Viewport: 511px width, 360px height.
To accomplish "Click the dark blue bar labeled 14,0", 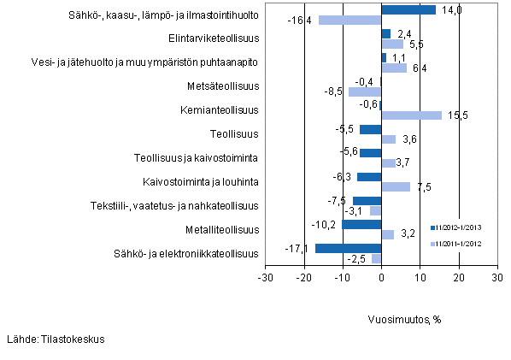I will coord(408,9).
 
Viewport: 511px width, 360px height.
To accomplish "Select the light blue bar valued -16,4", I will coord(349,20).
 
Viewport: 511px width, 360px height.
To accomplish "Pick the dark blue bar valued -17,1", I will coord(348,248).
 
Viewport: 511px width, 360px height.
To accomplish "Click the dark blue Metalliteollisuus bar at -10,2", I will coord(361,224).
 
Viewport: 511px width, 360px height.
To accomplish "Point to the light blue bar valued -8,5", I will coord(365,91).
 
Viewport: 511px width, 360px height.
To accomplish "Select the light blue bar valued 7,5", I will coord(396,186).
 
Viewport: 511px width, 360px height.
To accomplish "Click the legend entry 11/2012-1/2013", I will coord(462,227).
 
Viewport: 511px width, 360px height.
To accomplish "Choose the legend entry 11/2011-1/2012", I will coord(462,244).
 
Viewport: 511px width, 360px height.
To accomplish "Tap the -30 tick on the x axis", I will coord(265,279).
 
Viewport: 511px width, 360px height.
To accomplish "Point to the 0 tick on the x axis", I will coord(381,279).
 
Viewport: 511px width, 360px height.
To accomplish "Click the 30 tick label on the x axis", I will coord(496,279).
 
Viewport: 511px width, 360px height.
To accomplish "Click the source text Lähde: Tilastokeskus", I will coord(55,339).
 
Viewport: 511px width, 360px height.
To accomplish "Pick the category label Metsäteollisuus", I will coord(222,86).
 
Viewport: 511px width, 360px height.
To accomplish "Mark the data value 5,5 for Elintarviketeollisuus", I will coord(416,44).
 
